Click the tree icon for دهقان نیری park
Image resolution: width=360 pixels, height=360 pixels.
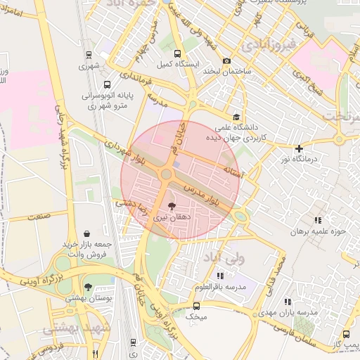171,206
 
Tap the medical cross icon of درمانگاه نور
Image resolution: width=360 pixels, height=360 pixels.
300,148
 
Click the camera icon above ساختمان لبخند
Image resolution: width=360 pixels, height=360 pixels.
226,60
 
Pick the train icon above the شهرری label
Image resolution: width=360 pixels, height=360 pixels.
89,55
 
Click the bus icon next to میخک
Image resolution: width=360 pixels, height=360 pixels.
196,306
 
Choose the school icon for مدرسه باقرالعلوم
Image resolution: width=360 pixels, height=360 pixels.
220,276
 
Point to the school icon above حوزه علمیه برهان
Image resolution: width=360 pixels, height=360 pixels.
318,220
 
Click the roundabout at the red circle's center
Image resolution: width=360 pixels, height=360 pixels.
167,174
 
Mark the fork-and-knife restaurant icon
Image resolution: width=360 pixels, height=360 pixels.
95,354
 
